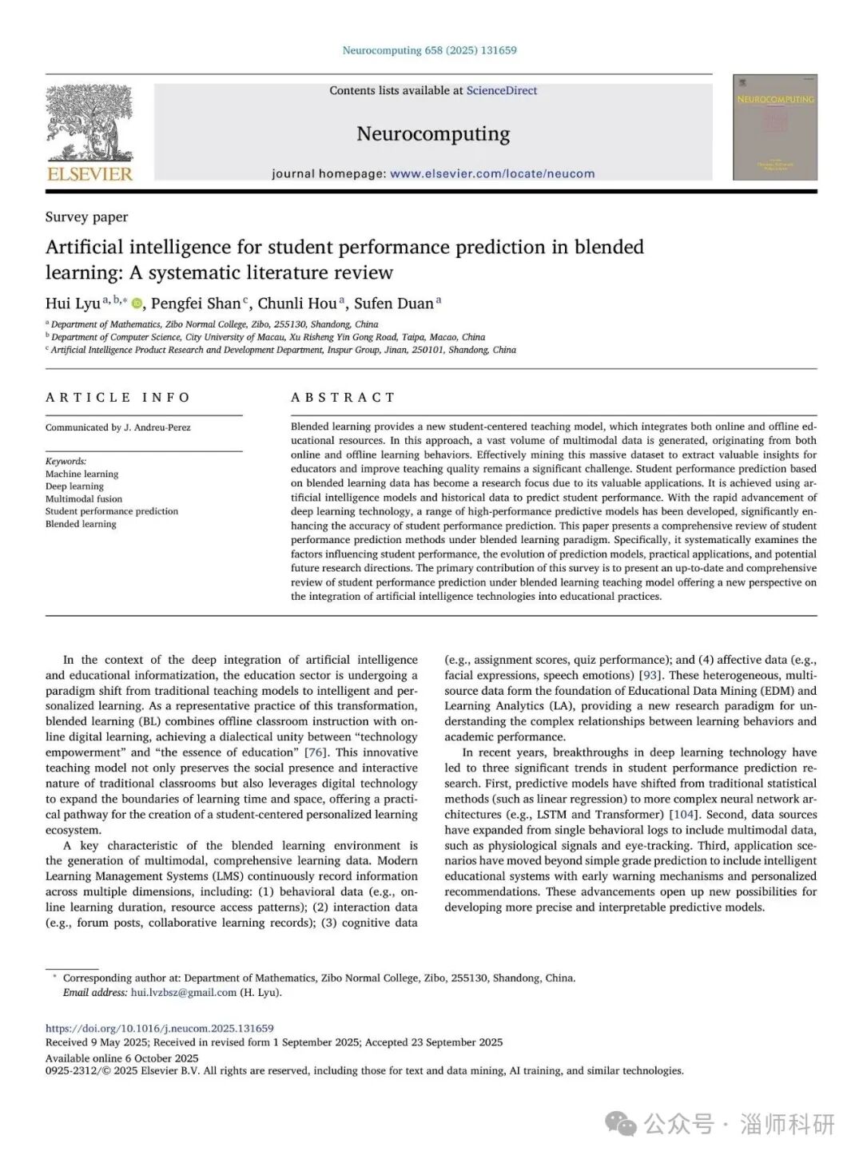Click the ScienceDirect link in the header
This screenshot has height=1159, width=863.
[502, 91]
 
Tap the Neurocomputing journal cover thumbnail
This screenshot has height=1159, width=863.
[775, 128]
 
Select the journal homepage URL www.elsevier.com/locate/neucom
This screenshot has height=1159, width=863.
[492, 173]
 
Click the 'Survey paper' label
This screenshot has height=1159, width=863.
[86, 217]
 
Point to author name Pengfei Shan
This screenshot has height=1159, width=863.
[196, 304]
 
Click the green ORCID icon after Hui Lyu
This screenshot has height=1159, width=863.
[137, 304]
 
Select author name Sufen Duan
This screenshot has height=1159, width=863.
[394, 304]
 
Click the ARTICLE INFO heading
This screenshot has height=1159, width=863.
[118, 398]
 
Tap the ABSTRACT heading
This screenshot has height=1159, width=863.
[343, 398]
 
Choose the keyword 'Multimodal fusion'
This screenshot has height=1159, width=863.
[84, 498]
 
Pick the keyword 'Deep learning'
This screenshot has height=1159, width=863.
[74, 486]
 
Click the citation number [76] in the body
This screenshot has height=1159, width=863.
[316, 752]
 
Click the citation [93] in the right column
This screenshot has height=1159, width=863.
[650, 676]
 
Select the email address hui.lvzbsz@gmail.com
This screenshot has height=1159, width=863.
[184, 993]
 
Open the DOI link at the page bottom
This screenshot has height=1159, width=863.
[159, 1029]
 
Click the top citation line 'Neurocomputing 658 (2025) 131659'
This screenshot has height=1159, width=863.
[429, 50]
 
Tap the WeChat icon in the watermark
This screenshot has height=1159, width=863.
[621, 1124]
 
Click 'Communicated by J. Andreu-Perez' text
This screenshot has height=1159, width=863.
[118, 428]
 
